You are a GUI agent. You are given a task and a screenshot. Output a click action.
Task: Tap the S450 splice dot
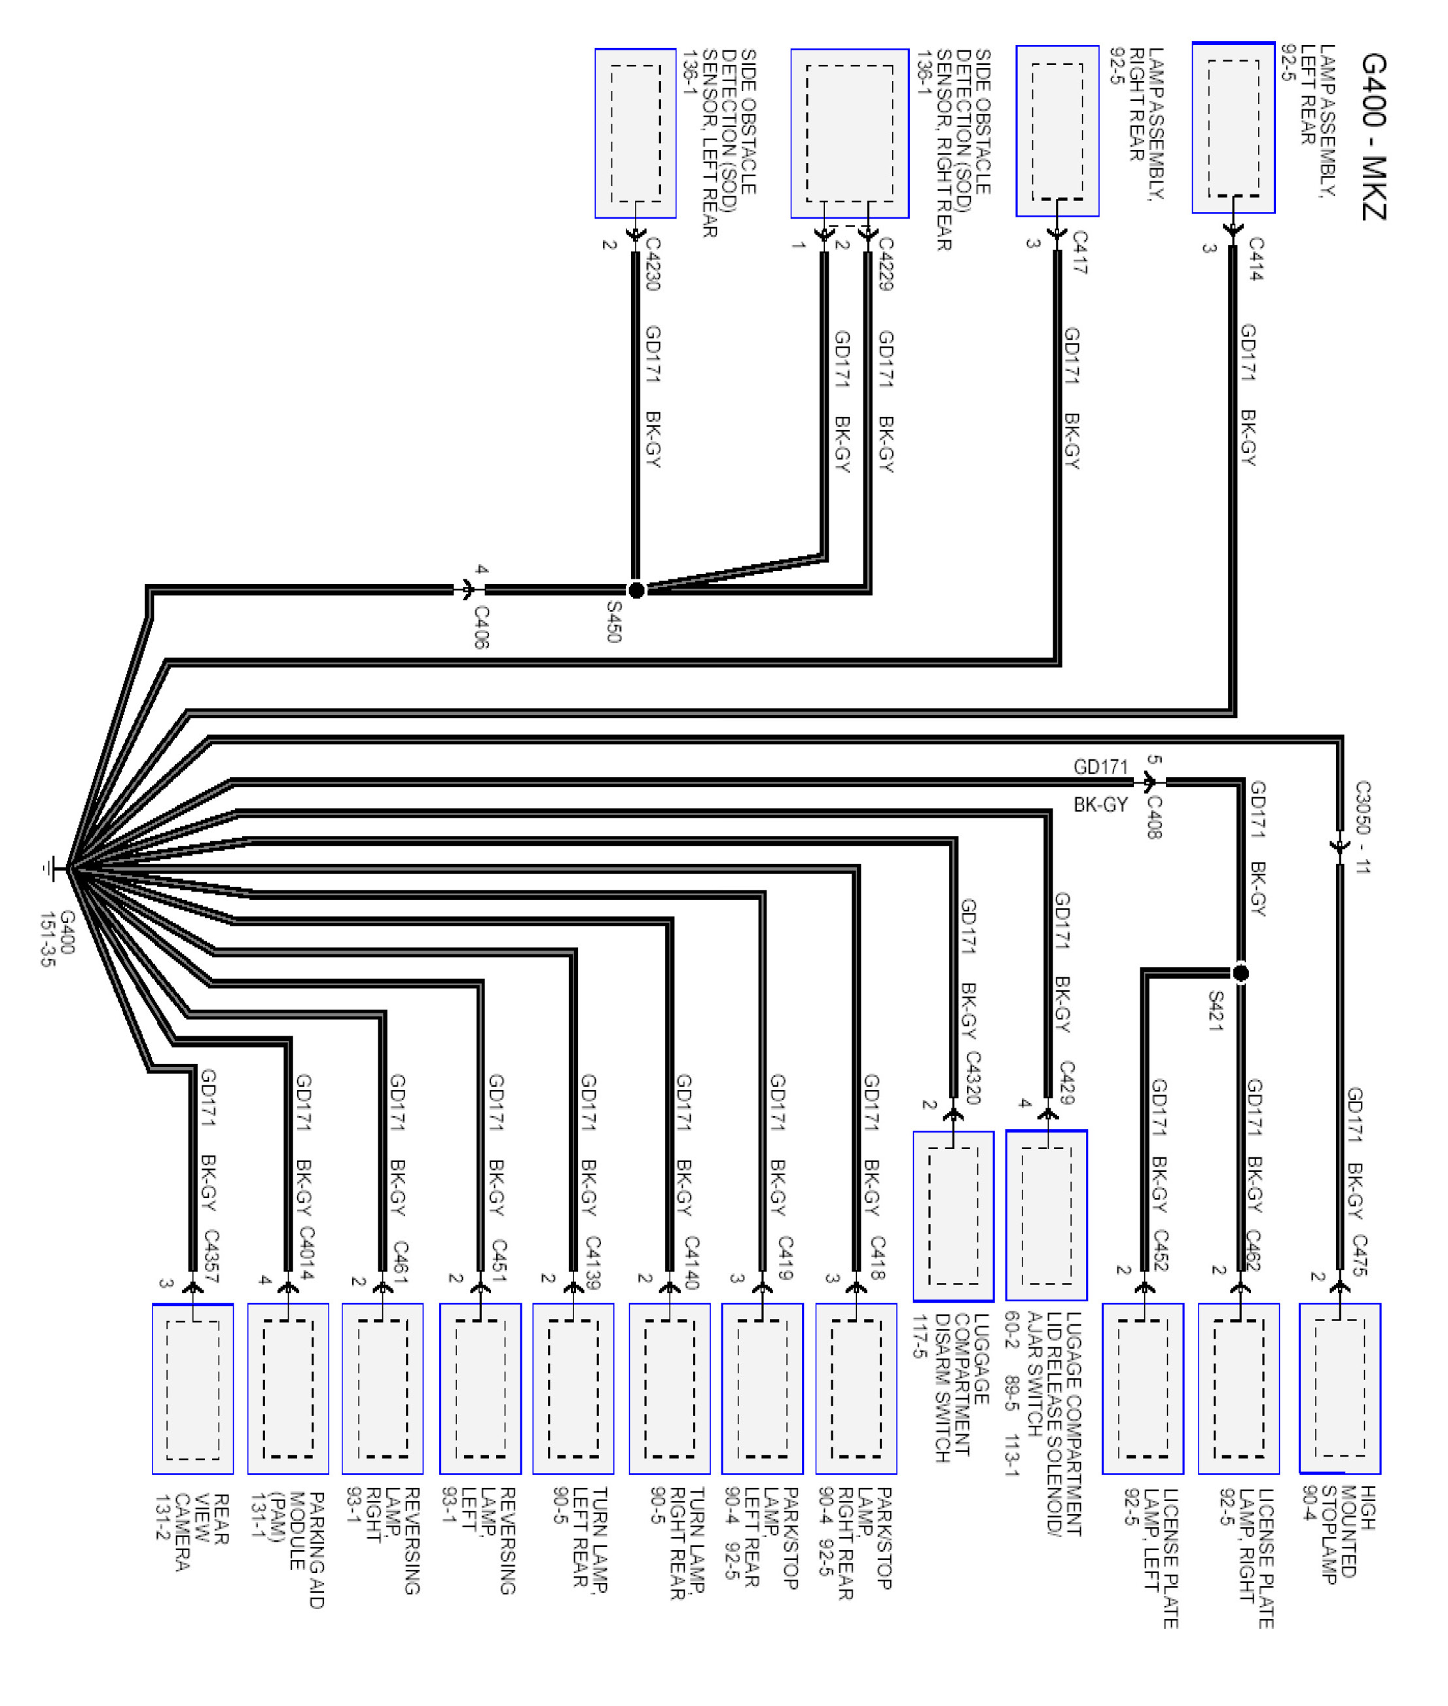coord(636,589)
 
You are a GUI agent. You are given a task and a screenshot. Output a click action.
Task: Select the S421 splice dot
coord(1240,973)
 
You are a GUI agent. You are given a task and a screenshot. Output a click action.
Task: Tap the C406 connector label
coord(482,627)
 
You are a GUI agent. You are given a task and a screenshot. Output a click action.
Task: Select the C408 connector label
coord(1153,817)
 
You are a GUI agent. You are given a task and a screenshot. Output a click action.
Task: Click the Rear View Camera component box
coord(193,1388)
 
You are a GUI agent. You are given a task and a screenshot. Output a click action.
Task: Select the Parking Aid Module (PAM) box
coord(288,1388)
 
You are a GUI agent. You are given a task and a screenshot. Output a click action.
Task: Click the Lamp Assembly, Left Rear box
coord(1233,128)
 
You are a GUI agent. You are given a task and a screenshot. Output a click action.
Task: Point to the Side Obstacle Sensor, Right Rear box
coord(850,133)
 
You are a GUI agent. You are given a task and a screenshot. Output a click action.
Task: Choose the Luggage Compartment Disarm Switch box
coord(953,1216)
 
